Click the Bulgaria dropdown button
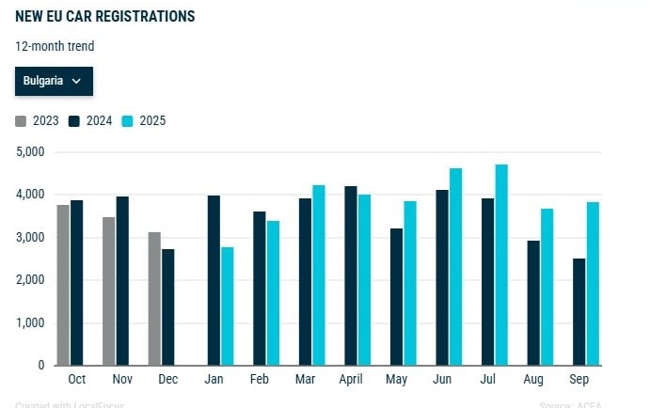53,81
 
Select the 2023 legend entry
38,120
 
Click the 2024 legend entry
91,120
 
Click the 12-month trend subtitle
55,46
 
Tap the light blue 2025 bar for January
228,306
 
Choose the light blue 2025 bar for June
456,267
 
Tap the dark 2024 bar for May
396,297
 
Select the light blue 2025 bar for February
274,293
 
